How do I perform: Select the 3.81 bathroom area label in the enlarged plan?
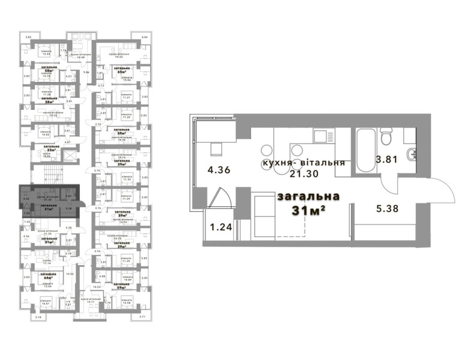pyautogui.click(x=386, y=160)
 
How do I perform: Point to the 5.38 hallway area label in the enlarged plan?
pyautogui.click(x=386, y=211)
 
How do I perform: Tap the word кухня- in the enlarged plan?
pyautogui.click(x=281, y=163)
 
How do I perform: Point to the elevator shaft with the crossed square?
pyautogui.click(x=69, y=154)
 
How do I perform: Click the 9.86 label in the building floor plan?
pyautogui.click(x=86, y=72)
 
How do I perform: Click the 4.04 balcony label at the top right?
pyautogui.click(x=143, y=38)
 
